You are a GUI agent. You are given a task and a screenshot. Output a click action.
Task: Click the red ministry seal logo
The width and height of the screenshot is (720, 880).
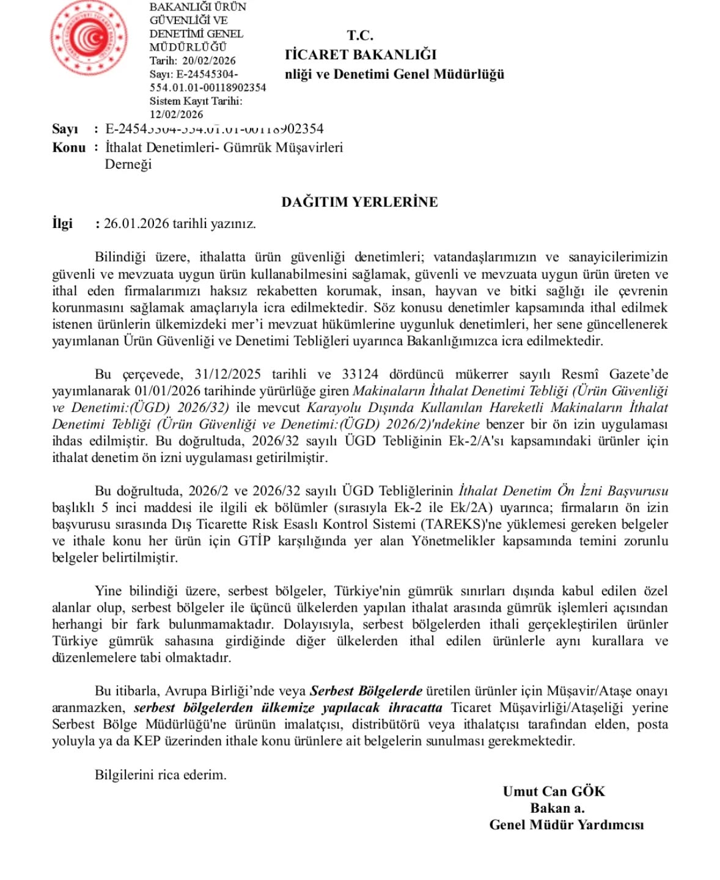click(x=89, y=38)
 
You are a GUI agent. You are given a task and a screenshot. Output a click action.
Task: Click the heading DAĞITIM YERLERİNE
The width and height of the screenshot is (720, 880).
click(x=359, y=202)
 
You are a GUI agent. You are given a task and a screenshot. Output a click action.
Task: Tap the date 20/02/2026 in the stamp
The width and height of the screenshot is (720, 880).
click(x=208, y=61)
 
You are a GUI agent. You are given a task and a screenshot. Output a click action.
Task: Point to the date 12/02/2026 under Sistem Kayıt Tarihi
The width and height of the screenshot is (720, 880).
click(x=176, y=114)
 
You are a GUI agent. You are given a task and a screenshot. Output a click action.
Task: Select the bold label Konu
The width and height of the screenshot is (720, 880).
click(x=68, y=148)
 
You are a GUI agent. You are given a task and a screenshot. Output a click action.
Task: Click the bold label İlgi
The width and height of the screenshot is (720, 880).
click(x=62, y=224)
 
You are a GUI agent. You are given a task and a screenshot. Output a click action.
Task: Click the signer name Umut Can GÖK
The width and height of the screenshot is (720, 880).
click(x=554, y=791)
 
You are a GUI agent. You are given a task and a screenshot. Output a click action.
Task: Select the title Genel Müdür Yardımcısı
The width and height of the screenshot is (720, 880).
click(x=566, y=825)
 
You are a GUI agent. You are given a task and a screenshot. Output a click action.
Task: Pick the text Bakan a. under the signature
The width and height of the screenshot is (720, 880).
click(x=557, y=808)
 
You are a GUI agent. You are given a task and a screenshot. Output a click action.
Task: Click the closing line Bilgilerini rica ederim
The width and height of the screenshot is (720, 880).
click(x=161, y=775)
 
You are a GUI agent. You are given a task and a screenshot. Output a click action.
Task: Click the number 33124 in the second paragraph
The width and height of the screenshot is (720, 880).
click(x=360, y=374)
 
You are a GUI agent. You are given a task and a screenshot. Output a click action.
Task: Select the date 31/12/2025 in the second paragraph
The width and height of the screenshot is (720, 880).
click(x=227, y=374)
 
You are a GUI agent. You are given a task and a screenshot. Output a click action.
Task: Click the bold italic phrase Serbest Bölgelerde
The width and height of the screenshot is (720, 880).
click(x=366, y=691)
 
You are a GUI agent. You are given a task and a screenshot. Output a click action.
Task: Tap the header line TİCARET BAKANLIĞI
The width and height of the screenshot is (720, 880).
click(x=361, y=55)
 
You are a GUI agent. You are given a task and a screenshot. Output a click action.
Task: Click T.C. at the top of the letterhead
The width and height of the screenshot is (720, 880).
click(x=360, y=35)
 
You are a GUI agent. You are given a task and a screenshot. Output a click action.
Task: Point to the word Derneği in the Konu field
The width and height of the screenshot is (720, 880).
click(x=128, y=164)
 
